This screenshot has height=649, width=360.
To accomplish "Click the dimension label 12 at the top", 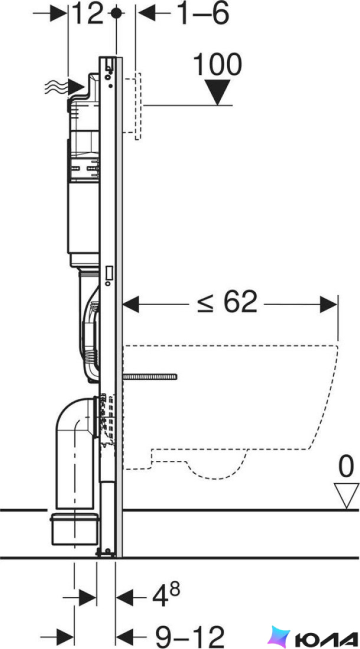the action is (87, 14).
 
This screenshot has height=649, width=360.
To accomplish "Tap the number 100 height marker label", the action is (217, 65).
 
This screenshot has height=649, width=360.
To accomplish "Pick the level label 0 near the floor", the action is (346, 467).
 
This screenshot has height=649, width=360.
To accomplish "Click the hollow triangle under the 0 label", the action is (347, 496).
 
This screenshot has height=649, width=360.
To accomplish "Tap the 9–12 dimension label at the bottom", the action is (189, 636).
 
